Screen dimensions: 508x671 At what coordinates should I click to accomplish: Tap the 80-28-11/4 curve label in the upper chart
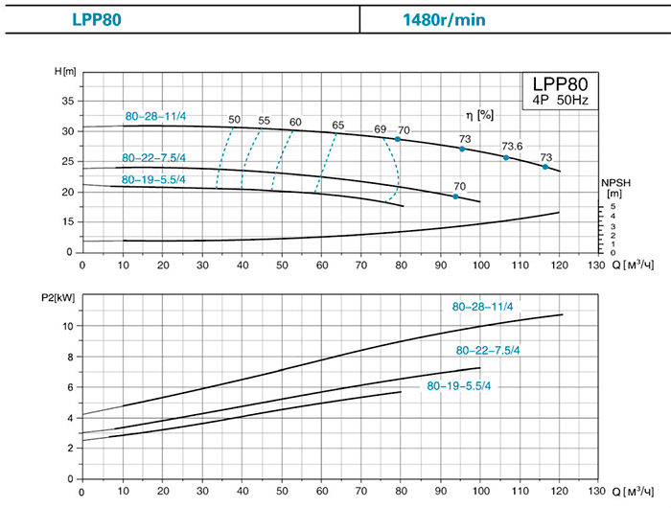(x=156, y=117)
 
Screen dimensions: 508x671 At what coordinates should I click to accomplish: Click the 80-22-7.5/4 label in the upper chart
(x=153, y=157)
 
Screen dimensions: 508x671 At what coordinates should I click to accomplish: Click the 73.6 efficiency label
(x=513, y=147)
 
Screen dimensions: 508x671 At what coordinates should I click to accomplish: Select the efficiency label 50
(x=234, y=120)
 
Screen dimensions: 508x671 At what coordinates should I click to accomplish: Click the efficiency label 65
(x=337, y=125)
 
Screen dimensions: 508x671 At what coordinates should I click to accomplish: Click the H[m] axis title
(x=64, y=73)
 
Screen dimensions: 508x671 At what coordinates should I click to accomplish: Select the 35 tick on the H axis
(x=67, y=101)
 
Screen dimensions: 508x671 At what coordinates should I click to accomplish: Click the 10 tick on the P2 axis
(x=67, y=327)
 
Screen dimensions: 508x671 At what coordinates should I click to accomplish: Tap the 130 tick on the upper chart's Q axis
(x=598, y=265)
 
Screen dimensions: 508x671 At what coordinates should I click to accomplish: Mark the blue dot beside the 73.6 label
(x=506, y=157)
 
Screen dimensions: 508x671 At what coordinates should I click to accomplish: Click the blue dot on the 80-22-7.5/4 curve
(x=455, y=196)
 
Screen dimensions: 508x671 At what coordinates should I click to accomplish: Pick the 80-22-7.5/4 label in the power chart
(x=488, y=350)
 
